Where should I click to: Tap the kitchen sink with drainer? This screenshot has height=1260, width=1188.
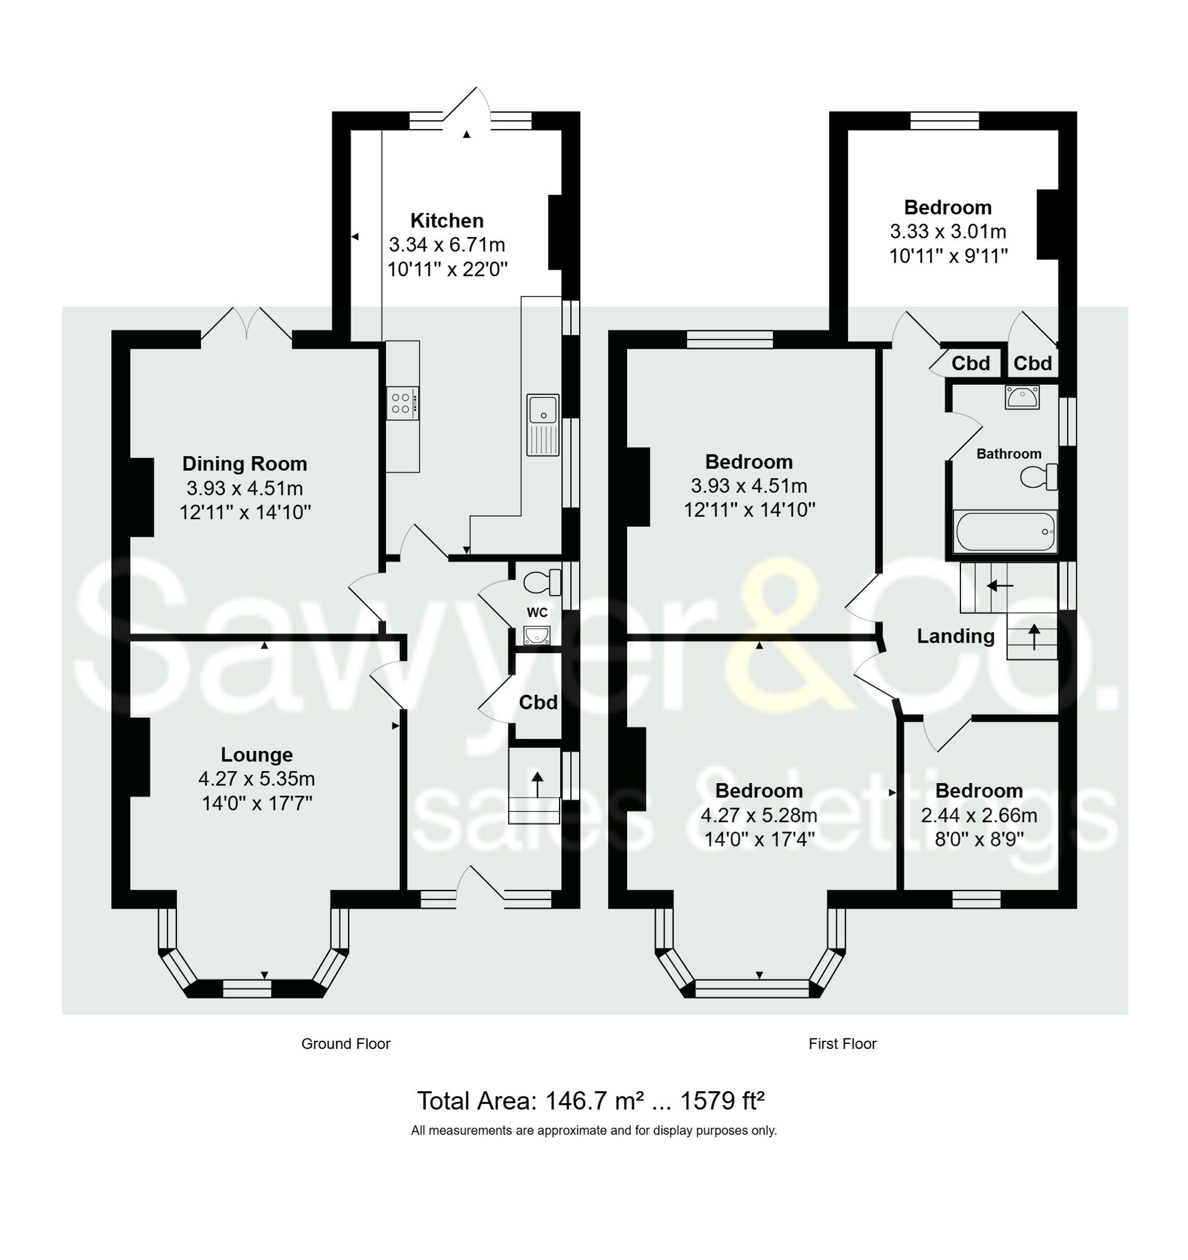pyautogui.click(x=543, y=424)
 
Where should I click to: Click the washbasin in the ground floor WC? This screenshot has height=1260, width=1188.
pyautogui.click(x=536, y=634)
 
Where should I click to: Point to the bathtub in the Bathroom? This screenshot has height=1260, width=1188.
pyautogui.click(x=1005, y=531)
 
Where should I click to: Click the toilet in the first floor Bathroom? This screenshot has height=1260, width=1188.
pyautogui.click(x=1038, y=476)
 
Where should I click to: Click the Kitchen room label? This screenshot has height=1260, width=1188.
pyautogui.click(x=447, y=220)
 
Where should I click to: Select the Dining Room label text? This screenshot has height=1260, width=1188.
pyautogui.click(x=245, y=463)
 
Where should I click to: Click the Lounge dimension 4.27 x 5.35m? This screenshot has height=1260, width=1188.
pyautogui.click(x=256, y=778)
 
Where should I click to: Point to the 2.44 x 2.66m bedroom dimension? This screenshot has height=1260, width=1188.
pyautogui.click(x=978, y=815)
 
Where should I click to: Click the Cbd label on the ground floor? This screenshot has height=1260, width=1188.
pyautogui.click(x=538, y=702)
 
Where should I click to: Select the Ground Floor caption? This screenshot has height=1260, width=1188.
pyautogui.click(x=345, y=1044)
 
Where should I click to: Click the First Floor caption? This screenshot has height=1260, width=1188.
pyautogui.click(x=842, y=1044)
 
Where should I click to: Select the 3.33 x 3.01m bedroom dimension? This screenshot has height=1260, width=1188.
pyautogui.click(x=947, y=231)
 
